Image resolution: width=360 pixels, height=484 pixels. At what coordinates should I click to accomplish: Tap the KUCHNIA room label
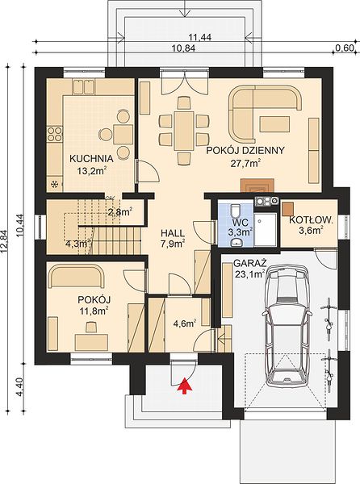tap(91, 159)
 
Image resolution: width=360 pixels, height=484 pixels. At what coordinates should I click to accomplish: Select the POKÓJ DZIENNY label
tap(245, 151)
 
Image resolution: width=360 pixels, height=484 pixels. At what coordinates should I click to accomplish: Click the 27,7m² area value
tap(245, 163)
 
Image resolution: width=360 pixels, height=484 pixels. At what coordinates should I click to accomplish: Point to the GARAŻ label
tap(250, 264)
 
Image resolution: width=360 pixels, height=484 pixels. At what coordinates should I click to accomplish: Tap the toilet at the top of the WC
tap(235, 211)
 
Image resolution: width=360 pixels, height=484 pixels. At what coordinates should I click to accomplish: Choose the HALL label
tap(173, 233)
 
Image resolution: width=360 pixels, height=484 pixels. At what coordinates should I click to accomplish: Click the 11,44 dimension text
tap(200, 37)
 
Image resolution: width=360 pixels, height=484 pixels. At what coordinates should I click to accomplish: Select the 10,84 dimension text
tap(184, 48)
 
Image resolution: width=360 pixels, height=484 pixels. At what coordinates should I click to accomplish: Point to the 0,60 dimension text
tap(344, 48)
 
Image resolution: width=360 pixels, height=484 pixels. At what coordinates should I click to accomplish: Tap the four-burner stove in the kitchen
tap(54, 134)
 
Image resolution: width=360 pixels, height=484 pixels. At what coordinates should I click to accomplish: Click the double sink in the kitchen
tap(83, 86)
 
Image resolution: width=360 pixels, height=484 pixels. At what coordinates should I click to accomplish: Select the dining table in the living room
tap(184, 131)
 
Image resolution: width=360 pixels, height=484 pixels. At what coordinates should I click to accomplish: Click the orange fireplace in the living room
tap(257, 186)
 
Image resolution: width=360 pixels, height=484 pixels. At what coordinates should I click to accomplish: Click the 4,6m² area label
tap(186, 323)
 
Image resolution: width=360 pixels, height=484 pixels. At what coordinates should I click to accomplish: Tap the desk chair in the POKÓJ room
tap(90, 327)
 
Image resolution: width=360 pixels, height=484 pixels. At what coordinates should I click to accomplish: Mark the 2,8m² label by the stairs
tap(120, 211)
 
